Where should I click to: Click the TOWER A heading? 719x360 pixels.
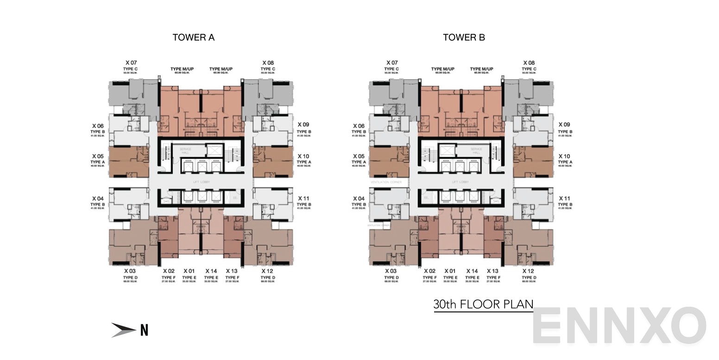pyautogui.click(x=193, y=38)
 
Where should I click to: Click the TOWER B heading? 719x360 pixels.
pyautogui.click(x=464, y=38)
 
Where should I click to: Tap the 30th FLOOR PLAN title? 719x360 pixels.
pyautogui.click(x=483, y=304)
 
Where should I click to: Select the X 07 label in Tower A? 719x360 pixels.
pyautogui.click(x=131, y=63)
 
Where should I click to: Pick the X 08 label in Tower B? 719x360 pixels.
pyautogui.click(x=529, y=63)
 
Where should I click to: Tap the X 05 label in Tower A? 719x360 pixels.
pyautogui.click(x=98, y=157)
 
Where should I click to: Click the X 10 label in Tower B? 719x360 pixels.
pyautogui.click(x=564, y=157)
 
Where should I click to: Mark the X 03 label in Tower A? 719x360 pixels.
pyautogui.click(x=130, y=271)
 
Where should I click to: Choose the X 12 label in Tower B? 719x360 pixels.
pyautogui.click(x=528, y=271)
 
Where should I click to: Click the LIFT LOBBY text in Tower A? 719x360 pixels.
pyautogui.click(x=202, y=182)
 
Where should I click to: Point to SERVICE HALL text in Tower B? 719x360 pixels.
pyautogui.click(x=476, y=151)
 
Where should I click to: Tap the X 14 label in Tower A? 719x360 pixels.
pyautogui.click(x=211, y=271)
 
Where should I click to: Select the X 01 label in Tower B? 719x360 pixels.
pyautogui.click(x=450, y=271)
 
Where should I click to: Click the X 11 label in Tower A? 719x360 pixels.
pyautogui.click(x=303, y=198)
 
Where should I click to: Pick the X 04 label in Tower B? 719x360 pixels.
pyautogui.click(x=359, y=198)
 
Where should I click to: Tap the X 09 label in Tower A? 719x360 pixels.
pyautogui.click(x=303, y=125)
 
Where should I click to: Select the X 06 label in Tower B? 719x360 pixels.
pyautogui.click(x=359, y=126)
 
